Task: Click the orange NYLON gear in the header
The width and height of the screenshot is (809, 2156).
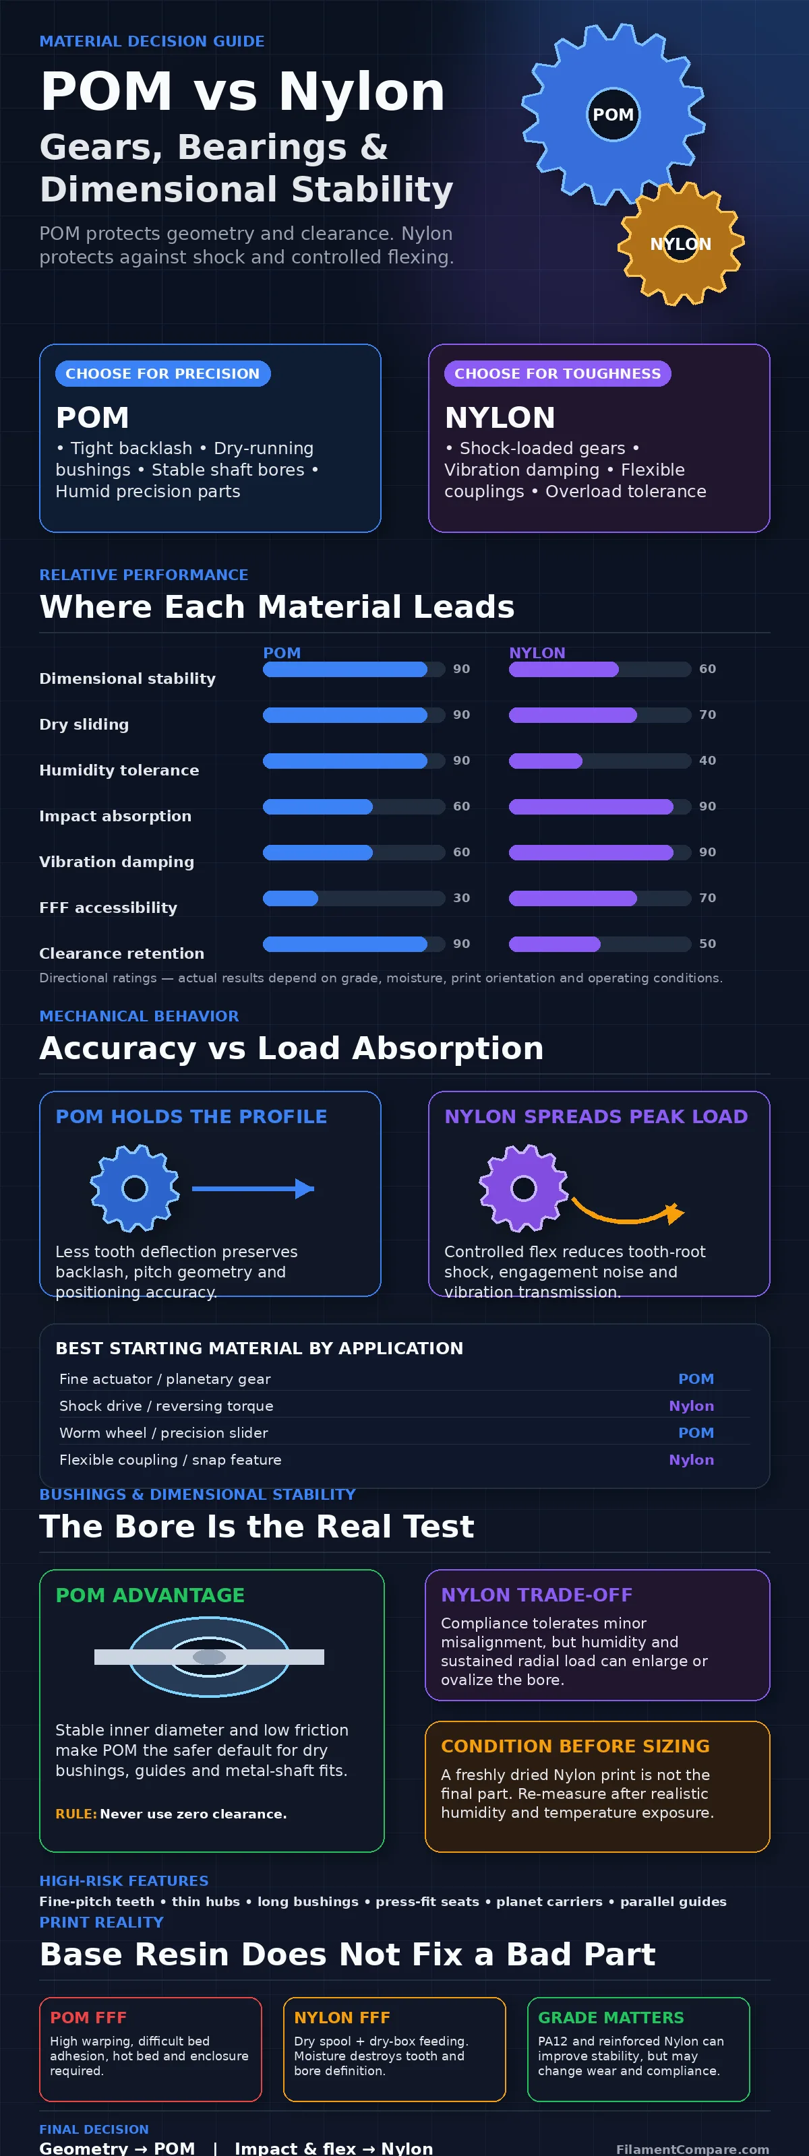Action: click(x=681, y=243)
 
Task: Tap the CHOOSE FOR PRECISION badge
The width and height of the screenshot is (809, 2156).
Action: click(x=162, y=373)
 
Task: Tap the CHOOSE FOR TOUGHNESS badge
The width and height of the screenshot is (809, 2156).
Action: click(x=558, y=373)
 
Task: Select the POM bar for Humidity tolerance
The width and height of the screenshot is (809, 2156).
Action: click(x=345, y=761)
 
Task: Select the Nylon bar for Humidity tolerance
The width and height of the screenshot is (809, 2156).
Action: click(x=545, y=761)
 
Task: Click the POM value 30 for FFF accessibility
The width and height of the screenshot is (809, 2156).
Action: click(x=461, y=898)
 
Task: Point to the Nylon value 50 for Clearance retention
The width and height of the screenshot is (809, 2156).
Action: click(x=708, y=944)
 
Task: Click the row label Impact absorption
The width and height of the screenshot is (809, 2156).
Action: click(x=115, y=816)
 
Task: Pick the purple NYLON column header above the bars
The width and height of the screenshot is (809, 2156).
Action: click(x=537, y=653)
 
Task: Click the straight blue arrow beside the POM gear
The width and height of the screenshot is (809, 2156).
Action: click(x=253, y=1188)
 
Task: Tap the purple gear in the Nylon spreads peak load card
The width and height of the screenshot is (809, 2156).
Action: click(x=523, y=1188)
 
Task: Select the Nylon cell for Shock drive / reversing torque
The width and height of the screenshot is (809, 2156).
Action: click(x=691, y=1406)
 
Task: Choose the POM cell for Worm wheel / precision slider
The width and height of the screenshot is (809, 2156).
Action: click(x=696, y=1433)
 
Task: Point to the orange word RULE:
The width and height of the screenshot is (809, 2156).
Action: click(x=76, y=1814)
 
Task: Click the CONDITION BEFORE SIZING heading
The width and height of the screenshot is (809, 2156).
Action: click(x=575, y=1746)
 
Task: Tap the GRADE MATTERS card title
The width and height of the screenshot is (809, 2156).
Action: click(x=611, y=2017)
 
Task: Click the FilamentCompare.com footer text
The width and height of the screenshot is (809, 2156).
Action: click(x=692, y=2149)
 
